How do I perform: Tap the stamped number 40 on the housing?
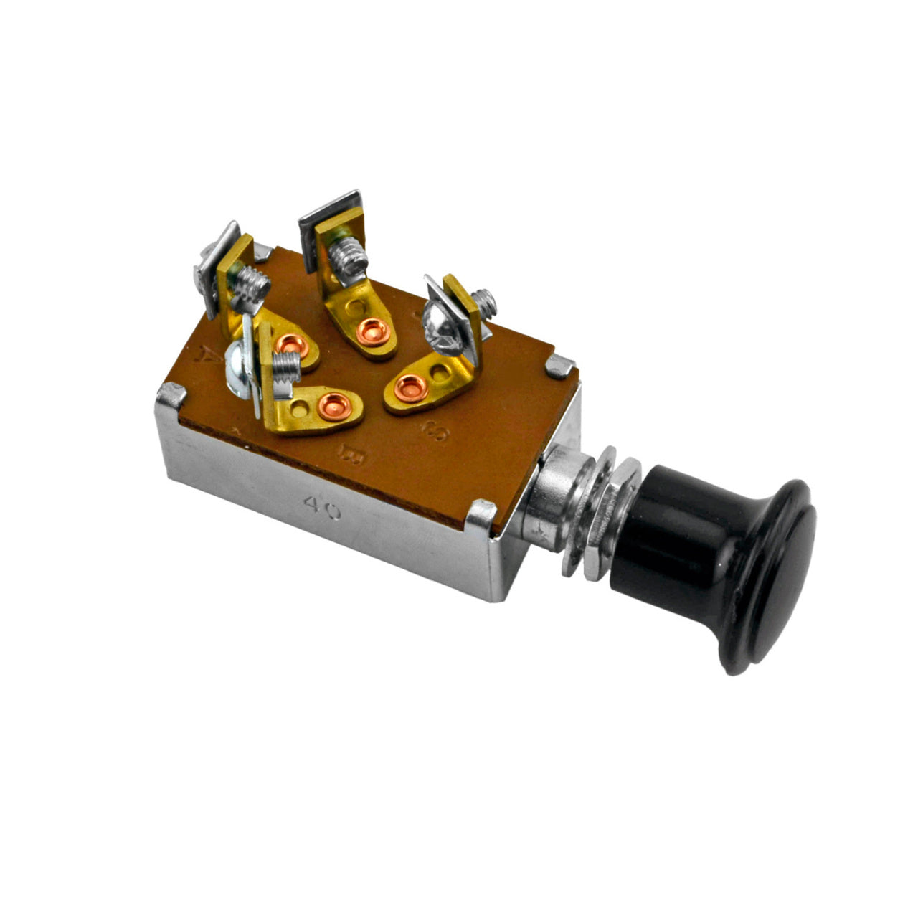322,506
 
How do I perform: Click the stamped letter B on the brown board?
351,453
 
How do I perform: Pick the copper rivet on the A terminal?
292,346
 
